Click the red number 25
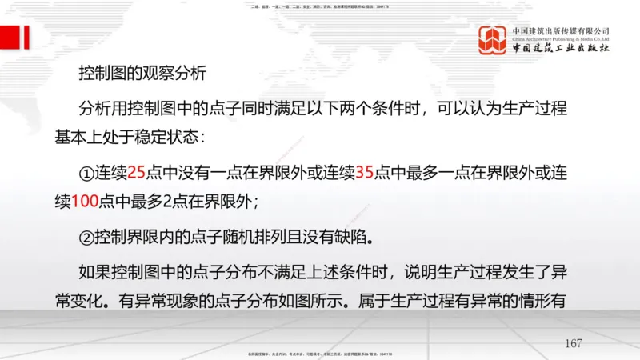coord(136,171)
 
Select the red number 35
coord(364,171)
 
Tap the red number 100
coord(85,202)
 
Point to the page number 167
coord(573,344)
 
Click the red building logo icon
coord(493,40)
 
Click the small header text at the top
coord(320,7)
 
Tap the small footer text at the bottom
coord(320,354)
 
